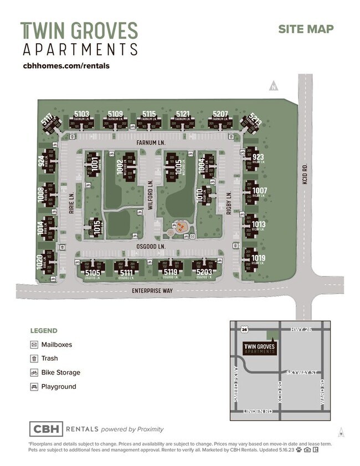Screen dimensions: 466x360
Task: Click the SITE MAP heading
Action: tap(306, 29)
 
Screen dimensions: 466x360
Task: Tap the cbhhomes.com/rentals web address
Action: tap(66, 65)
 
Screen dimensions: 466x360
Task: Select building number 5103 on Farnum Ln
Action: tap(81, 114)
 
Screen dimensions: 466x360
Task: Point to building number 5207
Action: tap(220, 114)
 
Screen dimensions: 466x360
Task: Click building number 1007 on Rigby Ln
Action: tap(259, 191)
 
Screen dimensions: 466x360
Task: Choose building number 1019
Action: tap(258, 258)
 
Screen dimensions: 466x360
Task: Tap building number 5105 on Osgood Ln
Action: tap(92, 273)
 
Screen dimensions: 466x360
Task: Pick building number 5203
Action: tap(204, 273)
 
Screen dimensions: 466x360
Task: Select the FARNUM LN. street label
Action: tap(151, 142)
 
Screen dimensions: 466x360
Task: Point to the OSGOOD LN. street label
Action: tap(151, 245)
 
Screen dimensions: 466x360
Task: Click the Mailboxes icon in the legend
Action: tap(34, 345)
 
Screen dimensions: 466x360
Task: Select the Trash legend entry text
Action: tap(49, 359)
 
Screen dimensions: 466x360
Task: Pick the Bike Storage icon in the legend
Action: tap(34, 372)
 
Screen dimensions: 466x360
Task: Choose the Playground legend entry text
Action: tap(59, 387)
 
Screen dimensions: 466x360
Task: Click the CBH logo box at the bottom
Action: tap(46, 429)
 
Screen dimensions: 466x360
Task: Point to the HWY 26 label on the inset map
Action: tap(300, 330)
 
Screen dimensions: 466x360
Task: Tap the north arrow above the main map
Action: tap(272, 85)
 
